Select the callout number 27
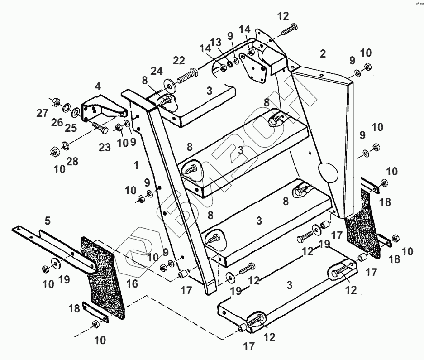point(42,113)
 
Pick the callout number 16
point(132,283)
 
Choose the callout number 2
point(322,54)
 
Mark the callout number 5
point(48,221)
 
